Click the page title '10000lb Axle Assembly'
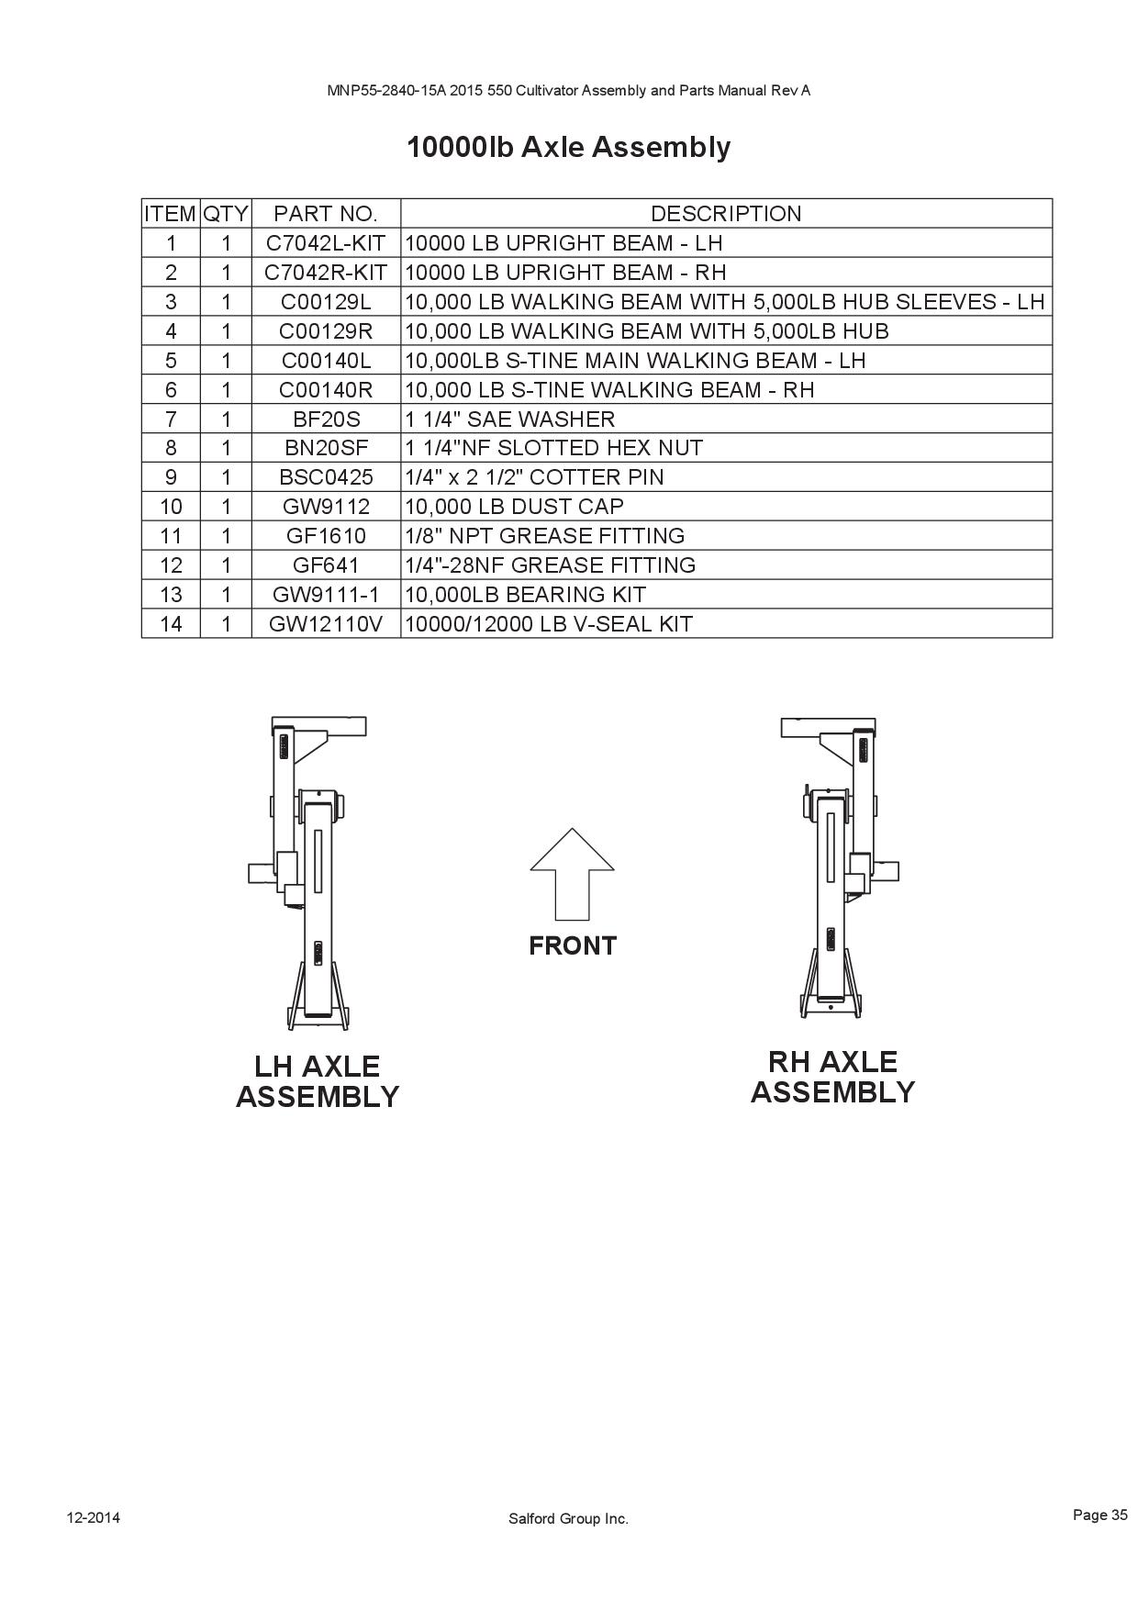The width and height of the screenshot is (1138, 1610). tap(569, 147)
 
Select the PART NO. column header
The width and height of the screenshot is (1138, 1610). tap(326, 214)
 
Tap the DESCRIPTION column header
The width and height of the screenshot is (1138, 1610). tap(726, 214)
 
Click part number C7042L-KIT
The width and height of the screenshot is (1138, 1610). tap(326, 243)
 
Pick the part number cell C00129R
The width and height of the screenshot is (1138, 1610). tap(326, 331)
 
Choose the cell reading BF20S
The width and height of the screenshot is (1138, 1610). tap(326, 419)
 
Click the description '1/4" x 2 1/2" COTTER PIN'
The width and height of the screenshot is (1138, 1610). tap(534, 477)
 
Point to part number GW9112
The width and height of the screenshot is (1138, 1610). tap(326, 507)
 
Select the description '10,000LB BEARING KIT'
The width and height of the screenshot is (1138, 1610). tap(525, 595)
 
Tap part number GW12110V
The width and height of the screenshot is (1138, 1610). tap(326, 624)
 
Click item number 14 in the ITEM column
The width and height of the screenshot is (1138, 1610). tap(171, 624)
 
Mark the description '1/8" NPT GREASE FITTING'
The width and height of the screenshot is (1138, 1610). tap(544, 536)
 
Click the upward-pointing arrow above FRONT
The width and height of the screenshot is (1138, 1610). tap(572, 874)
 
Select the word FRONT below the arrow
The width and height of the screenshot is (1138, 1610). tap(573, 945)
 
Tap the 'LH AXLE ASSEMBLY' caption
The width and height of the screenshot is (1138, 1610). tap(318, 1081)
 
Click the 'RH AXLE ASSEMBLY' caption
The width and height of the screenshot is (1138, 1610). tap(832, 1077)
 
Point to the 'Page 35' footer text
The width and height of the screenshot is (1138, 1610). tap(1099, 1515)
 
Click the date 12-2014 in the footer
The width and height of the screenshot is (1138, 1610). tap(93, 1517)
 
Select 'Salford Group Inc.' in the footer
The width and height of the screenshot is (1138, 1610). tap(569, 1519)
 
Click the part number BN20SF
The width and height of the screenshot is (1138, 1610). tap(326, 448)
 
